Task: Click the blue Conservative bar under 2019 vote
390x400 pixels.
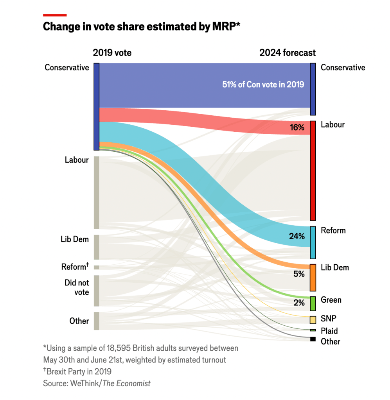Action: point(97,106)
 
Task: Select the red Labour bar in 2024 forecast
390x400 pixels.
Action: point(313,170)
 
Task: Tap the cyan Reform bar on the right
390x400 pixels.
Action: point(313,242)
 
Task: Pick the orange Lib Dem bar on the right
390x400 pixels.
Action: point(313,278)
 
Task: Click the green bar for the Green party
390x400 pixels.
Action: point(313,303)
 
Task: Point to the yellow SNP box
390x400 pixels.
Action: point(313,320)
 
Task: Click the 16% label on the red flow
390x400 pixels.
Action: point(297,127)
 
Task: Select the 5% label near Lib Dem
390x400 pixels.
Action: point(299,274)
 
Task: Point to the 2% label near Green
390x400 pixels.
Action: point(299,302)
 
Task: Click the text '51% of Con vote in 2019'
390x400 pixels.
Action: point(263,85)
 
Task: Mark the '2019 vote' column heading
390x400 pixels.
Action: point(112,53)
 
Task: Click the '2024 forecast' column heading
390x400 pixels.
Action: point(288,53)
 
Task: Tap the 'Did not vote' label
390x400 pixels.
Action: point(77,287)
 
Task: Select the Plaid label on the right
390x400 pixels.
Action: point(329,331)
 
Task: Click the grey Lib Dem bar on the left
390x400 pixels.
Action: point(97,247)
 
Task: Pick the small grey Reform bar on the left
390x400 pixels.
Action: point(97,267)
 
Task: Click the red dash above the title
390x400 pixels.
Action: point(55,15)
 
